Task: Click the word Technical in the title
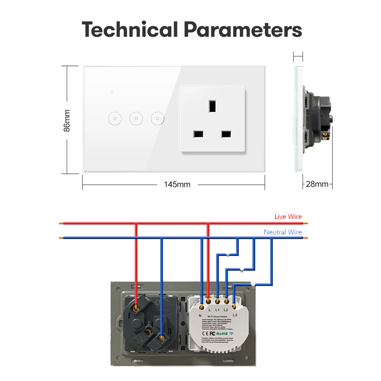point(130,29)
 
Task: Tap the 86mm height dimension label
point(67,120)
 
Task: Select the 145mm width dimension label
point(177,184)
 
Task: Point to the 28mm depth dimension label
point(317,184)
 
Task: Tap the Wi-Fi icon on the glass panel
point(112,92)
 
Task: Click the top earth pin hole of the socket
point(212,105)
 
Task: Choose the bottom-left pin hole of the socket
point(198,134)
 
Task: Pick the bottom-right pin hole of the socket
point(226,134)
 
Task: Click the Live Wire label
point(288,217)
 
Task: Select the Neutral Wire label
point(283,232)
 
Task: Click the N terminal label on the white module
point(200,315)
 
